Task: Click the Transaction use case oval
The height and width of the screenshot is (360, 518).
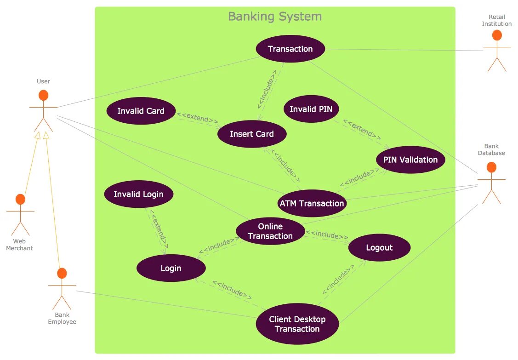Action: pos(290,49)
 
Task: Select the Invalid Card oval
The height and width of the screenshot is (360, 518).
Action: pos(141,111)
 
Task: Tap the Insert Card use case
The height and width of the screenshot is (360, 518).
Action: pos(251,134)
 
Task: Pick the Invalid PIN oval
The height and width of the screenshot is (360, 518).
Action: pos(314,109)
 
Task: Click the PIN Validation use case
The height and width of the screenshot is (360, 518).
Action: pos(410,160)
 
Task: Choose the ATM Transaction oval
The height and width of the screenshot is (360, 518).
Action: pos(312,203)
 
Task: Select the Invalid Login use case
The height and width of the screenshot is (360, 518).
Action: pos(138,194)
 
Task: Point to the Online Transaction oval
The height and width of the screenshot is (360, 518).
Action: pos(270,231)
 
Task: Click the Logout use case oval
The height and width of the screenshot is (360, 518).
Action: pos(379,248)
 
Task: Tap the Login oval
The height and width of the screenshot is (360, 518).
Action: pos(171,268)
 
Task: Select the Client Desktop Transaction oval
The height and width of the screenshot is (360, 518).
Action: pos(297,324)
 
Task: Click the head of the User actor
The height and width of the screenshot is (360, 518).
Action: pos(43,95)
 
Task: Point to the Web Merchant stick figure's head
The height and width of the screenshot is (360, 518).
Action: pos(20,200)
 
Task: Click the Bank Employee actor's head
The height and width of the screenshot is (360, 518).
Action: pos(62,274)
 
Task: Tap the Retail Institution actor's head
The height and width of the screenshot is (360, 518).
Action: pos(496,35)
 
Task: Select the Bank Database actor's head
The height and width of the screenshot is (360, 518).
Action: pos(491,167)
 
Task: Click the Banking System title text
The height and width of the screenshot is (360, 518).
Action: pos(275,17)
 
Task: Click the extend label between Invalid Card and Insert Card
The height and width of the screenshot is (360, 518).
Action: pos(198,118)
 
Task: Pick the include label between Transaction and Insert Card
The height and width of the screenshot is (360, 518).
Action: pos(267,89)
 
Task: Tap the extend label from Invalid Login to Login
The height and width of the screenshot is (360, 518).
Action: pos(158,229)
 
